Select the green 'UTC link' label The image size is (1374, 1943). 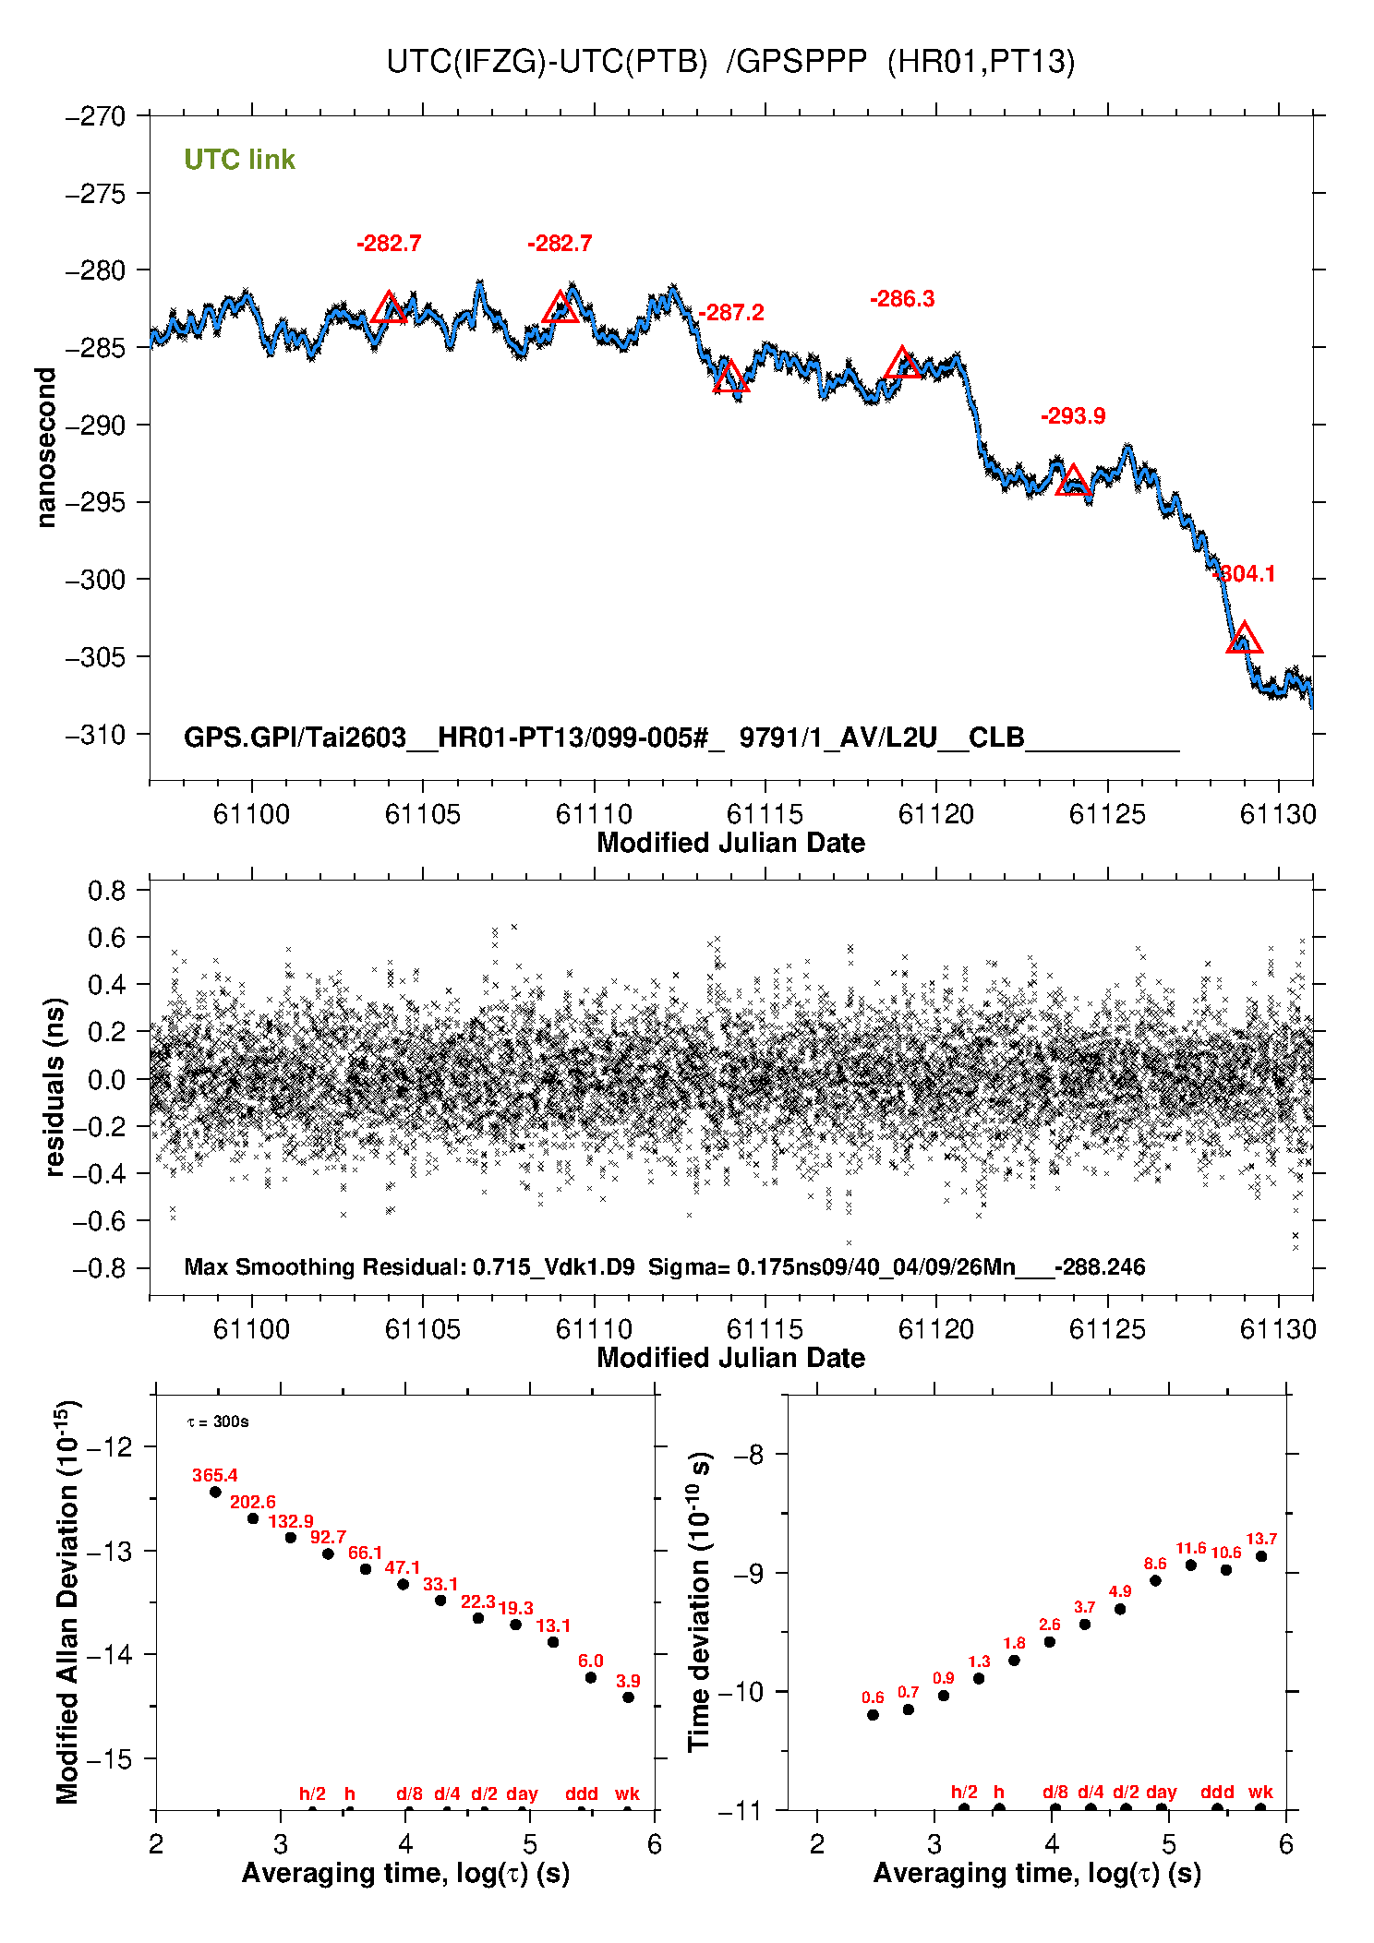(239, 160)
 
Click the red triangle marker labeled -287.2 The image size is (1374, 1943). (730, 378)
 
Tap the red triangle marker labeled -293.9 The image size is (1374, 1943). (1073, 481)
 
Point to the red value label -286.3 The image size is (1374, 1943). (902, 299)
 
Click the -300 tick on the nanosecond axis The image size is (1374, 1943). (95, 580)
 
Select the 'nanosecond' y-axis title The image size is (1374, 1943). (46, 447)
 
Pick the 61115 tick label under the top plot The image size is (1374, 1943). (765, 814)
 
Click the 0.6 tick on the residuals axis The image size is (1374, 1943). (106, 938)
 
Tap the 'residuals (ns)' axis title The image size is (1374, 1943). (55, 1086)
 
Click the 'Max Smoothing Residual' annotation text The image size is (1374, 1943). (324, 1266)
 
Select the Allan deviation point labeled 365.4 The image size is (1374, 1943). (215, 1492)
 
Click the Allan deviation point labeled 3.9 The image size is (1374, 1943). (628, 1697)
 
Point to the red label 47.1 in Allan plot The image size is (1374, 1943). (403, 1567)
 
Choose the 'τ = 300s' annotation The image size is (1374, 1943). (218, 1421)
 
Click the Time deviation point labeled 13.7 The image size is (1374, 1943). (1261, 1556)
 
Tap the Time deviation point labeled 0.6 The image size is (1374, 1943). (873, 1715)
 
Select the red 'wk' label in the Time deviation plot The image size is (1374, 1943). (1260, 1792)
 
